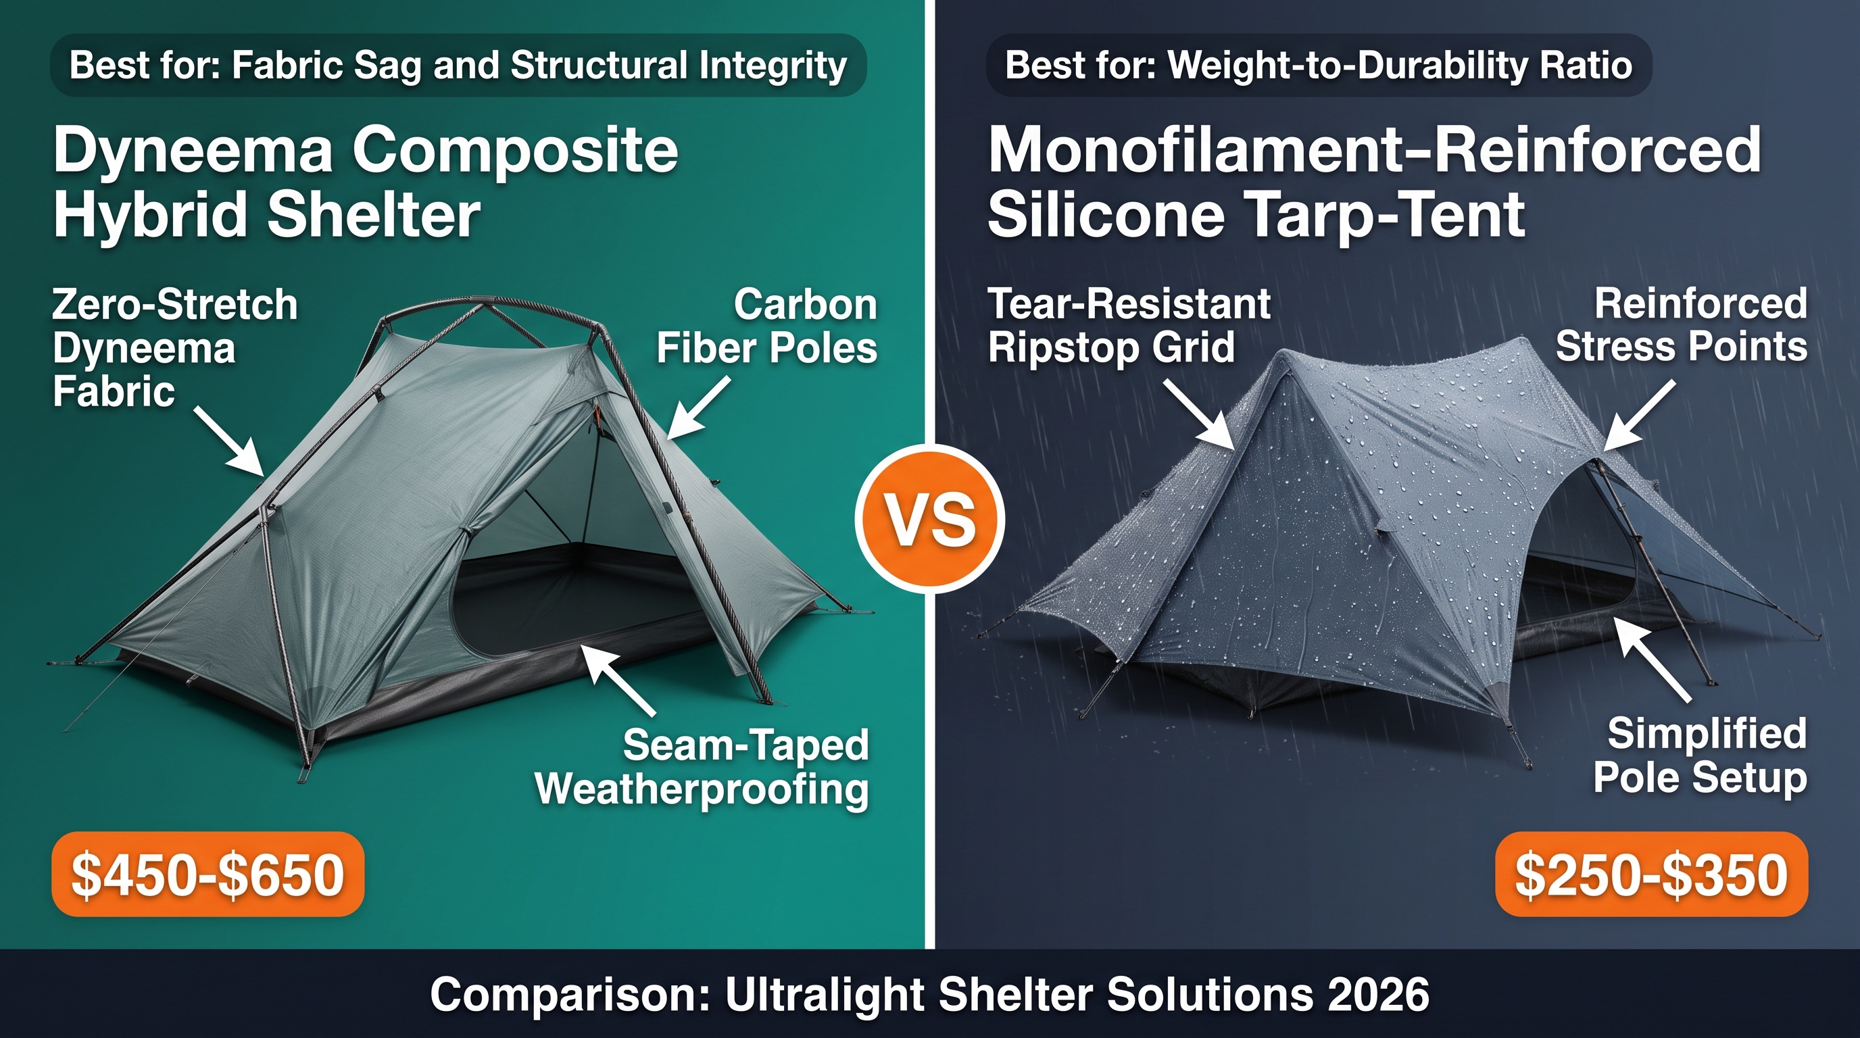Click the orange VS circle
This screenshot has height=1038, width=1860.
pos(929,518)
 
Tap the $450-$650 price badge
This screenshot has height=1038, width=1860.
pos(208,874)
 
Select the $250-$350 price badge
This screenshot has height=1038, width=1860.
pos(1651,874)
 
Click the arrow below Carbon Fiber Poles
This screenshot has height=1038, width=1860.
pos(697,410)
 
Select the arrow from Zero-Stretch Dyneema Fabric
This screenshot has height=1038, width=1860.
pos(228,441)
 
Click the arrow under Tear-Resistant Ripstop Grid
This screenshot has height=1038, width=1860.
pos(1198,414)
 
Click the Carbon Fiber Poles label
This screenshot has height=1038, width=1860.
pos(767,326)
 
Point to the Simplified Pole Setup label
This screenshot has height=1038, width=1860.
pos(1700,755)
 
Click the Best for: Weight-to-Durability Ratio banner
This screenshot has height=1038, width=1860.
pos(1319,65)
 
